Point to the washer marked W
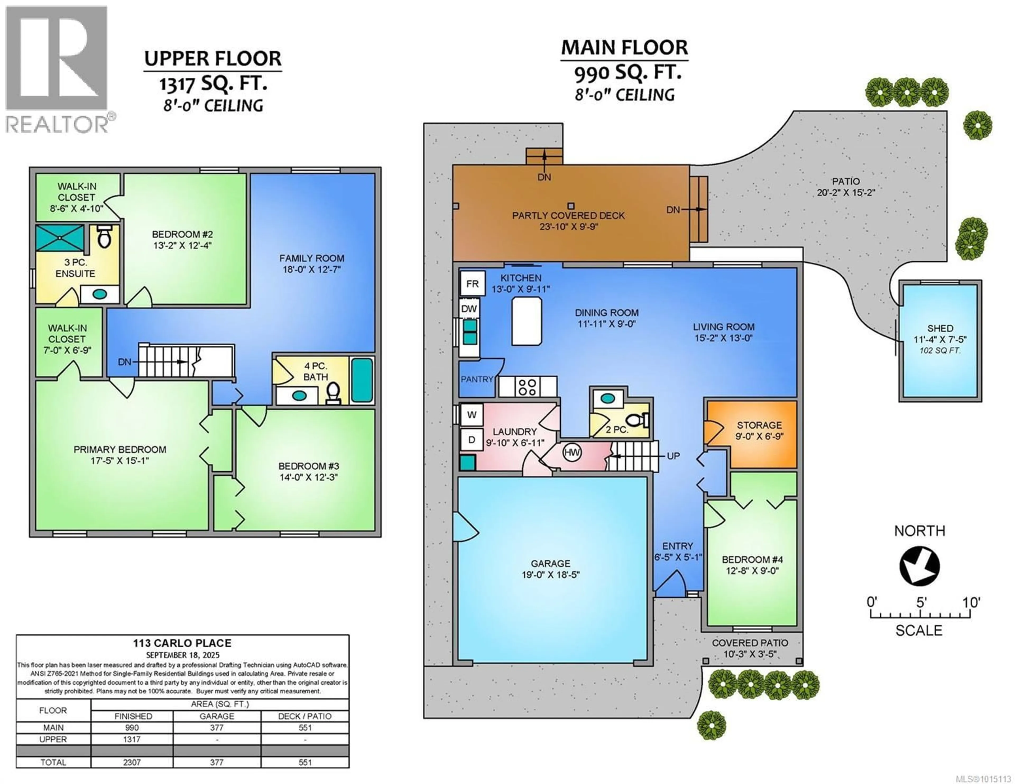pyautogui.click(x=472, y=415)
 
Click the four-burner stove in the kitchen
pyautogui.click(x=528, y=387)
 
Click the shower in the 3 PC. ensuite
pyautogui.click(x=60, y=238)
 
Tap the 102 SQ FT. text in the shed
pyautogui.click(x=940, y=350)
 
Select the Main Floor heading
pyautogui.click(x=624, y=48)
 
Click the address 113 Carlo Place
pyautogui.click(x=182, y=643)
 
